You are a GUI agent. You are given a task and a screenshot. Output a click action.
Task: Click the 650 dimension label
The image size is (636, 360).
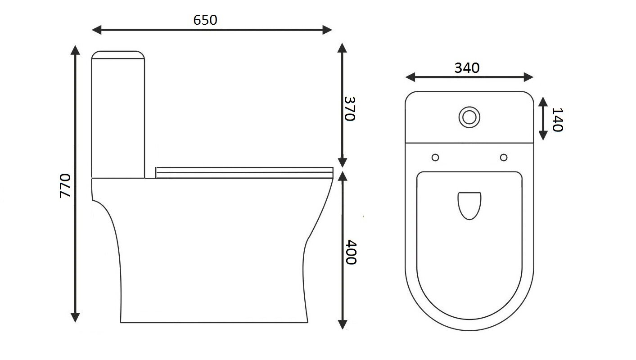pos(205,20)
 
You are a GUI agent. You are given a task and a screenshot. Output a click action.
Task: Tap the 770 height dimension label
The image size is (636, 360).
pos(65,185)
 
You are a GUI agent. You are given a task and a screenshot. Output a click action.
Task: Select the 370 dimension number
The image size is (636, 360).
pos(350,108)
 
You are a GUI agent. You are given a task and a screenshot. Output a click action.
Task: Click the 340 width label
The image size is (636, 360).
pos(467,68)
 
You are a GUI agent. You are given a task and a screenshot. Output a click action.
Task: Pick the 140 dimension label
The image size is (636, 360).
pos(557,119)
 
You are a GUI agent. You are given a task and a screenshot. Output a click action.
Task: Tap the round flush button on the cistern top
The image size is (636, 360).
pos(469,117)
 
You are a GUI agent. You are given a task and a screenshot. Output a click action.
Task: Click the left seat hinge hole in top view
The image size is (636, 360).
pos(435,157)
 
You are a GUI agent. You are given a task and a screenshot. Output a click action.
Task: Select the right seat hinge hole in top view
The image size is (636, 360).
pos(504,157)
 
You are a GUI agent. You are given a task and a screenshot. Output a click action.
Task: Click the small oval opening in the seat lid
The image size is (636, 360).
pos(469,205)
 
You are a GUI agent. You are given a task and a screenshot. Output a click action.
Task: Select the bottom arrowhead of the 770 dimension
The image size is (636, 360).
pos(76,318)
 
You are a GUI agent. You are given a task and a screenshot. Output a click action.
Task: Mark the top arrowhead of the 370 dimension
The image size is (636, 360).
pos(343,47)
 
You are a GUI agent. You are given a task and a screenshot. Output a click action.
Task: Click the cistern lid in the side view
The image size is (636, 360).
pos(118,55)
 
